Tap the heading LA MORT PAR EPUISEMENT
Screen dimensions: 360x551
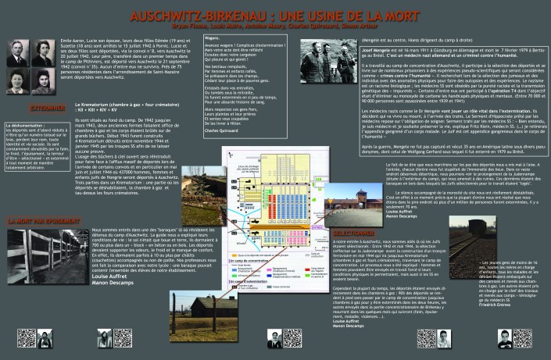39,222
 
